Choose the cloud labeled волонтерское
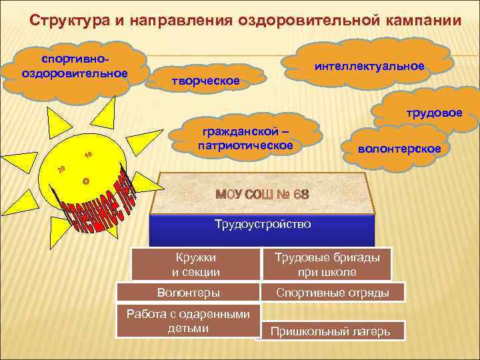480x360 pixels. point(399,149)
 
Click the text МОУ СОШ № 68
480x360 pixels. point(261,195)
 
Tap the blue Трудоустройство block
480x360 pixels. point(262,225)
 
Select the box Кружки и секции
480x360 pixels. point(195,264)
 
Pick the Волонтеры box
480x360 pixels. point(187,292)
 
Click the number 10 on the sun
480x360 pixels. point(88,155)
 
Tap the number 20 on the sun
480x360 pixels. point(61,168)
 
